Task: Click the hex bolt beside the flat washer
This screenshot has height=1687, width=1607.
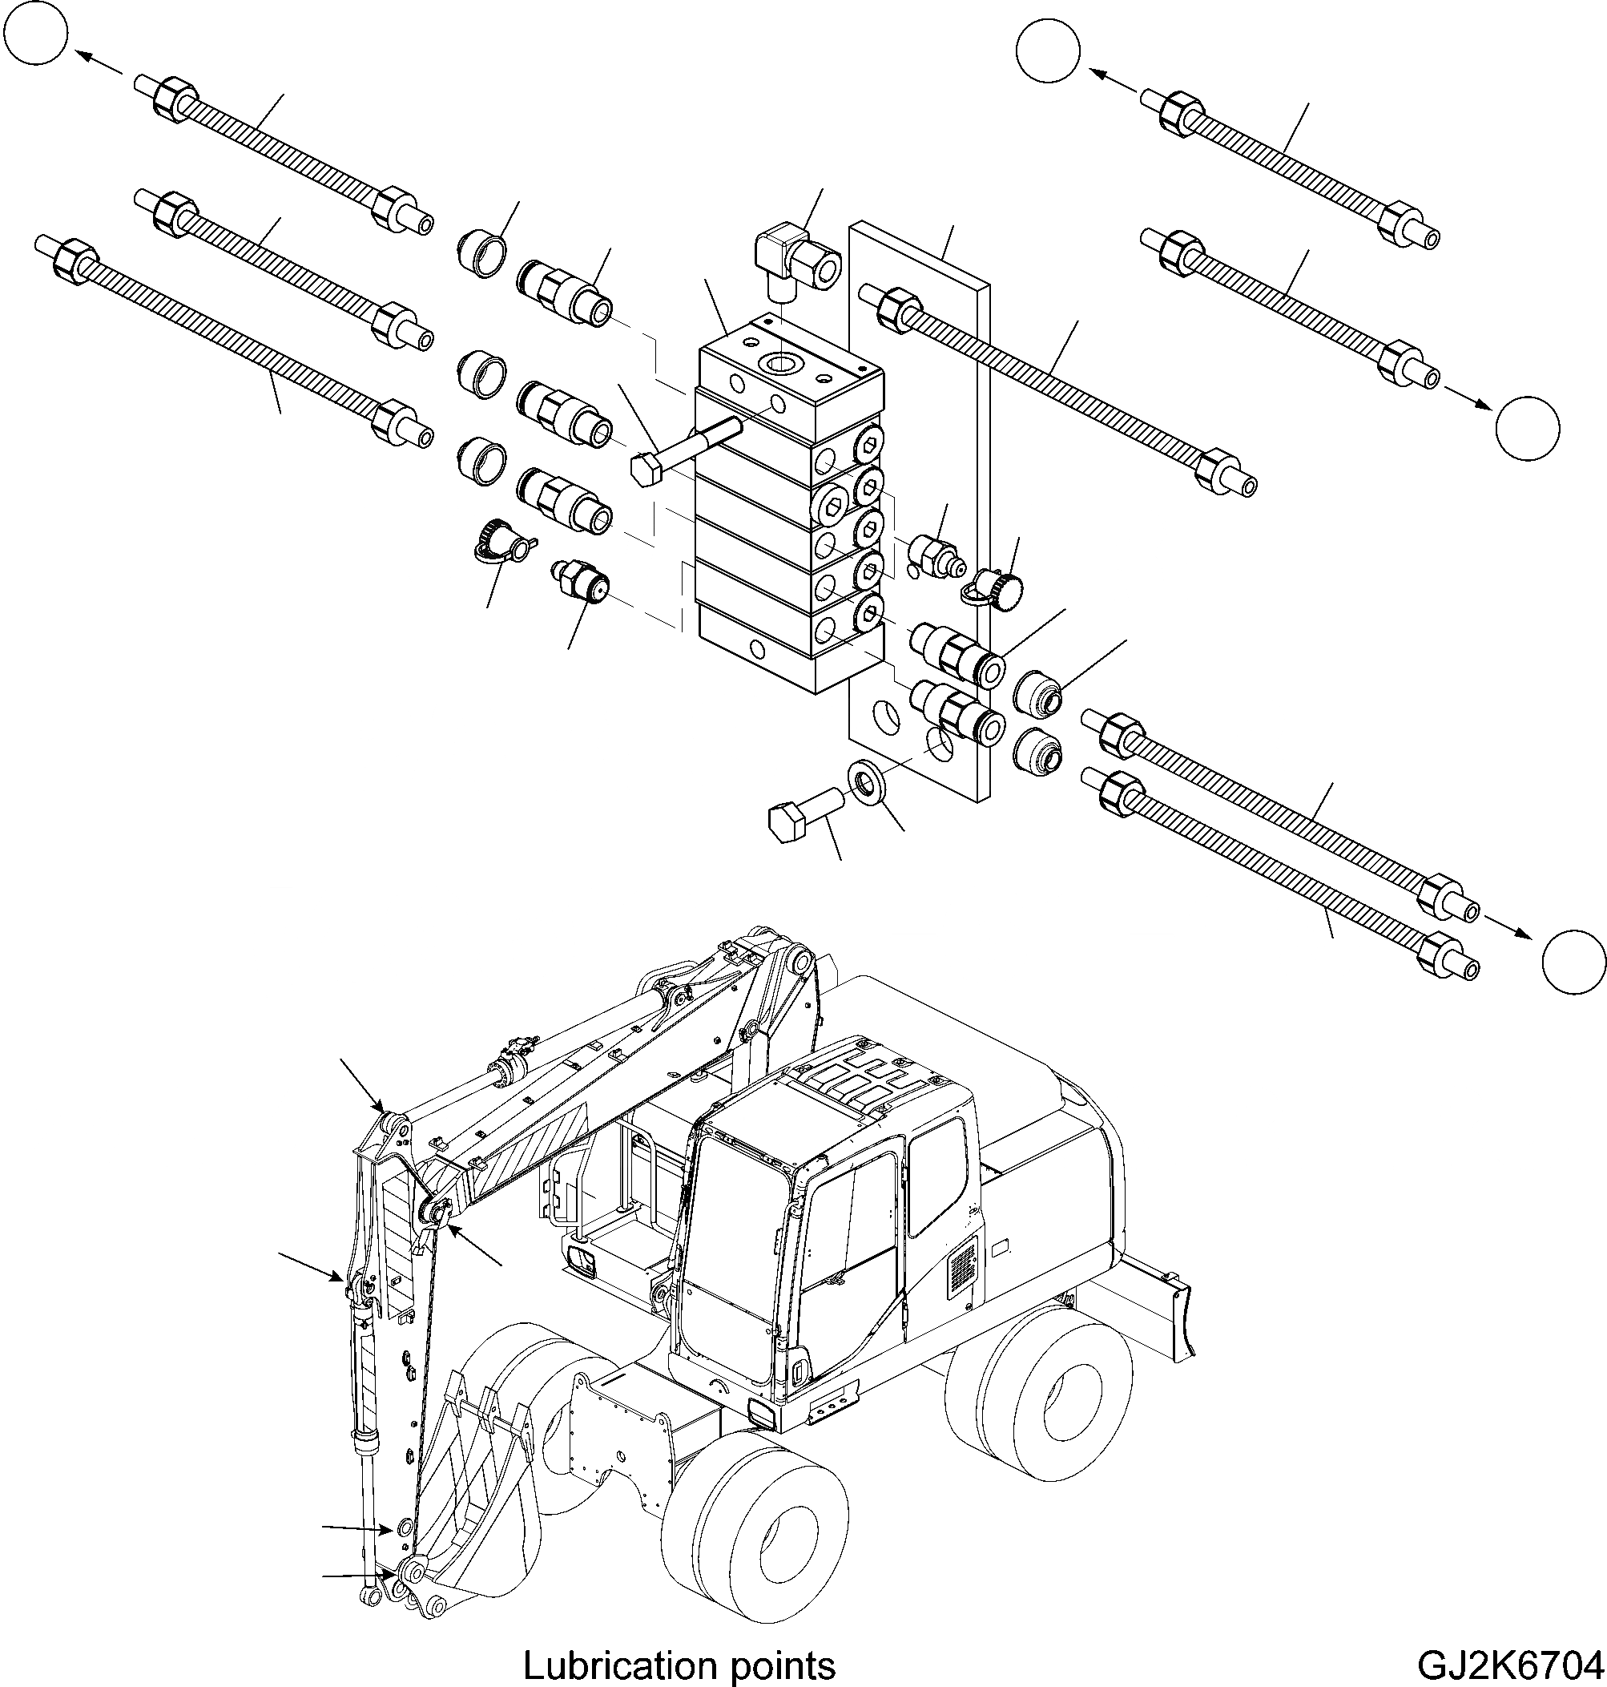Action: pyautogui.click(x=801, y=814)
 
